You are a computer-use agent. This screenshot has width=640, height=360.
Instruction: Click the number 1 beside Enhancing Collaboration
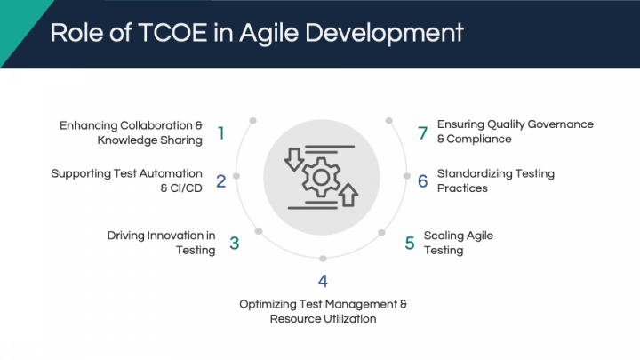pyautogui.click(x=221, y=133)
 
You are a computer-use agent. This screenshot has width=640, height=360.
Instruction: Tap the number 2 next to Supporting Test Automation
pyautogui.click(x=220, y=181)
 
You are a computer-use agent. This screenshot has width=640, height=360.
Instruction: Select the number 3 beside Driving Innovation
pyautogui.click(x=235, y=244)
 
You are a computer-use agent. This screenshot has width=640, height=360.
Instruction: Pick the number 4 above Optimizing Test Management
pyautogui.click(x=323, y=281)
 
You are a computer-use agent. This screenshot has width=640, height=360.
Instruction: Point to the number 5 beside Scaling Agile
pyautogui.click(x=410, y=244)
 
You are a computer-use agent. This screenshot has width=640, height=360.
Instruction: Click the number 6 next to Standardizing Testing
pyautogui.click(x=423, y=181)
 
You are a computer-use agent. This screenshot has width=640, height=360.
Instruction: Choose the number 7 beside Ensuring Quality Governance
pyautogui.click(x=423, y=133)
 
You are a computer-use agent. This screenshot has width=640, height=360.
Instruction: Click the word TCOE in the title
pyautogui.click(x=173, y=32)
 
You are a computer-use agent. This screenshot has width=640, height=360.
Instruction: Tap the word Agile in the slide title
pyautogui.click(x=269, y=34)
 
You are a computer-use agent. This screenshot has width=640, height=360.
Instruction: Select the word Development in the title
pyautogui.click(x=384, y=34)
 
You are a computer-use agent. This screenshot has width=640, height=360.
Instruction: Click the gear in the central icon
pyautogui.click(x=321, y=178)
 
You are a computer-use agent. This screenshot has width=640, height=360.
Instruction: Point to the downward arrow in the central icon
pyautogui.click(x=294, y=160)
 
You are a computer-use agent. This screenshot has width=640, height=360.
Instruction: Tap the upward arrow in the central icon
pyautogui.click(x=348, y=195)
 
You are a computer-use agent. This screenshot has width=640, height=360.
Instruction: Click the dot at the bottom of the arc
pyautogui.click(x=323, y=259)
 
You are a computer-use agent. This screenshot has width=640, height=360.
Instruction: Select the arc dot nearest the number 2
pyautogui.click(x=236, y=176)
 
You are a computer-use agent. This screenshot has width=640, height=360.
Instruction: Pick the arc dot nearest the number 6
pyautogui.click(x=407, y=176)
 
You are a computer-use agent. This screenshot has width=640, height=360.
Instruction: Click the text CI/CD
pyautogui.click(x=187, y=188)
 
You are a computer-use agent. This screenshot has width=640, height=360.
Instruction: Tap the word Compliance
pyautogui.click(x=479, y=140)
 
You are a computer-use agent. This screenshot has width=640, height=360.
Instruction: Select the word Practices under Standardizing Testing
pyautogui.click(x=462, y=188)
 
